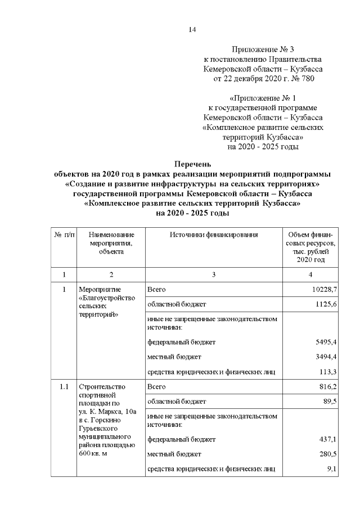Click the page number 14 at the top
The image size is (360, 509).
pos(192,29)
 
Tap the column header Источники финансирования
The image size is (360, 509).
pos(214,235)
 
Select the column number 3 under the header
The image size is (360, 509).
pos(214,274)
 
